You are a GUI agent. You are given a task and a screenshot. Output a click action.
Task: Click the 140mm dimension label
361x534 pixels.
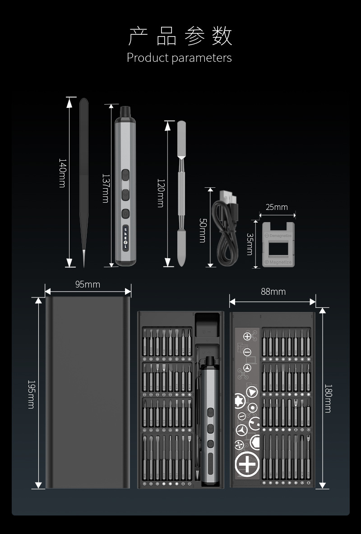click(x=62, y=173)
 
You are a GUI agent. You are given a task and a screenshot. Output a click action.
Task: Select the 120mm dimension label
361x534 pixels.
click(x=160, y=193)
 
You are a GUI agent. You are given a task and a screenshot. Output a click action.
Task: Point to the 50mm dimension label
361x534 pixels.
click(x=203, y=230)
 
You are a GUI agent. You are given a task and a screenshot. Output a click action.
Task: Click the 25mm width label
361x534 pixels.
click(x=277, y=207)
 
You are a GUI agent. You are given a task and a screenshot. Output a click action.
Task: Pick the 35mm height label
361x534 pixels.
click(x=250, y=244)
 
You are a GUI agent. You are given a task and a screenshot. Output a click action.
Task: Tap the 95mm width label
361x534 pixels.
click(x=88, y=284)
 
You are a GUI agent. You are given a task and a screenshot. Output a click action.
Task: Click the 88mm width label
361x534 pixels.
click(x=273, y=292)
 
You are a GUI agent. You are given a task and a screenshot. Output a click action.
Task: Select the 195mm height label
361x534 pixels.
click(x=31, y=394)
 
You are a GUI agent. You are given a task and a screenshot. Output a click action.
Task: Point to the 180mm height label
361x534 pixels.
click(x=328, y=398)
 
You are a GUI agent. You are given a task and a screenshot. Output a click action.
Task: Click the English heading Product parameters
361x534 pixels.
click(x=179, y=58)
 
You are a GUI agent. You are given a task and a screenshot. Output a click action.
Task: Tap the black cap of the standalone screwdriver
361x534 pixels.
click(x=125, y=111)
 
